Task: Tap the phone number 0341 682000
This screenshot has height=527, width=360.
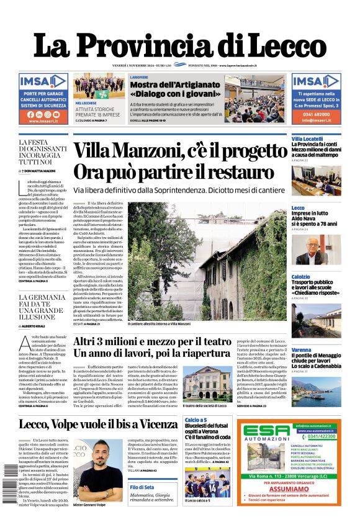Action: (316, 114)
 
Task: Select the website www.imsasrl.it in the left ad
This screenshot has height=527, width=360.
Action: (43, 122)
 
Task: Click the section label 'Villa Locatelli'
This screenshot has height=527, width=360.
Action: (307, 138)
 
